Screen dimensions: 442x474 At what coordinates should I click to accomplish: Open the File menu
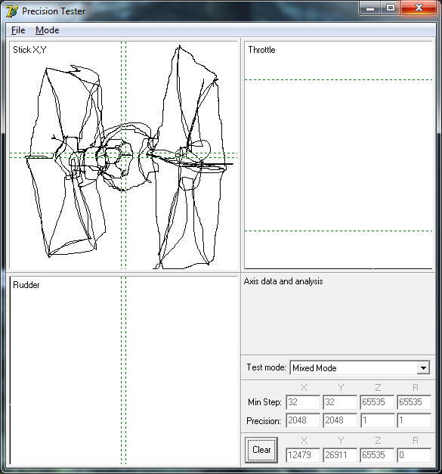coord(18,30)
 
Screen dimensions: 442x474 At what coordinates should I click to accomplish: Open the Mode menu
coord(47,30)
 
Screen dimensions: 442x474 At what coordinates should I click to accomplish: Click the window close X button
coord(419,8)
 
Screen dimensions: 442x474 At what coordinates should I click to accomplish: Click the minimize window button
coord(370,8)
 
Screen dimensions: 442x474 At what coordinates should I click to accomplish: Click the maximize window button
coord(391,8)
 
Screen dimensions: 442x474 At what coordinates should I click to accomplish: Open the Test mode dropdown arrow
coord(424,368)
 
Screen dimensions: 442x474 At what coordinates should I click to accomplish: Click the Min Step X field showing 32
coord(303,402)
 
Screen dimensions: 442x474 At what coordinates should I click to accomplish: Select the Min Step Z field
coord(377,402)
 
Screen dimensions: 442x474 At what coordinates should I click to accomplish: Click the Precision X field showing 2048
coord(303,420)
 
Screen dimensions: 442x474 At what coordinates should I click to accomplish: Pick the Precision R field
coord(414,420)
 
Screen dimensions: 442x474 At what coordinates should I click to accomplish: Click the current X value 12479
coord(303,455)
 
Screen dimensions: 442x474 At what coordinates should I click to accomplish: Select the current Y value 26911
coord(340,455)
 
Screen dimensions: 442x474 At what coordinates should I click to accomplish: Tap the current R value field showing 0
coord(414,455)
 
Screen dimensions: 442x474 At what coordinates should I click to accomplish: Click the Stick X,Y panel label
coord(29,50)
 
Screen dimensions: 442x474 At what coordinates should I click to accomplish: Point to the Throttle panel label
coord(261,50)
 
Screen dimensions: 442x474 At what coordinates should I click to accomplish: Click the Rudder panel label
coord(26,285)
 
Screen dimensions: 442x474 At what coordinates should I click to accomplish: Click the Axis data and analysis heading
coord(283,281)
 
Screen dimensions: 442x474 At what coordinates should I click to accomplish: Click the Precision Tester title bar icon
coord(12,11)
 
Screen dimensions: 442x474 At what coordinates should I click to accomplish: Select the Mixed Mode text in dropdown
coord(314,368)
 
